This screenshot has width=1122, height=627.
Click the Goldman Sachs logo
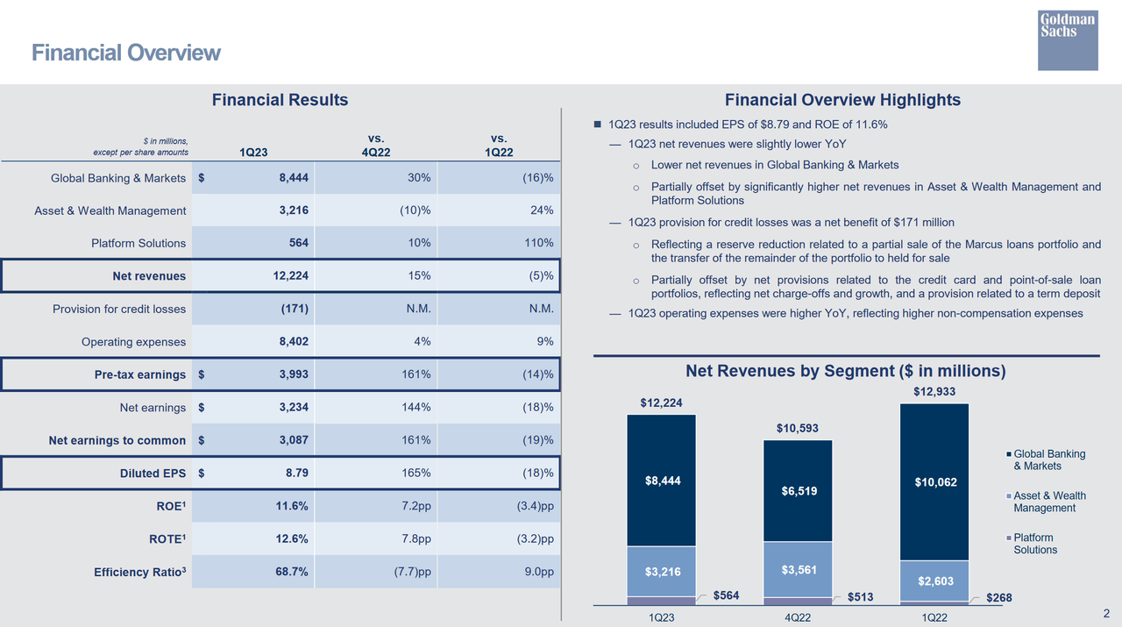pyautogui.click(x=1067, y=40)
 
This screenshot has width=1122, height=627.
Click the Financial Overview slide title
pyautogui.click(x=126, y=53)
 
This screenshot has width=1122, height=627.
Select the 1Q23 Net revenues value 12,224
pyautogui.click(x=290, y=276)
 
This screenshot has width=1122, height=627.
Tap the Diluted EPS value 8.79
pyautogui.click(x=295, y=474)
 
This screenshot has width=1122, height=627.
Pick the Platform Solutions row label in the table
pyautogui.click(x=138, y=243)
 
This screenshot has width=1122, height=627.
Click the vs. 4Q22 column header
pyautogui.click(x=377, y=145)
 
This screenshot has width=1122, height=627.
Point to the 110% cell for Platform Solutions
pyautogui.click(x=536, y=243)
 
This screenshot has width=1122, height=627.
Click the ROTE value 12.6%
pyautogui.click(x=290, y=539)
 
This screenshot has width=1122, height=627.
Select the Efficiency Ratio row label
pyautogui.click(x=139, y=573)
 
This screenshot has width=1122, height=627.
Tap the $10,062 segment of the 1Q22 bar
pyautogui.click(x=934, y=482)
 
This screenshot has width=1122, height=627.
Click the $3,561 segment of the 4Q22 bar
pyautogui.click(x=799, y=570)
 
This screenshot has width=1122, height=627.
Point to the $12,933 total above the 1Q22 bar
pyautogui.click(x=934, y=391)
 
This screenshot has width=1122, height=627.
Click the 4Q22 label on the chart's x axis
pyautogui.click(x=798, y=617)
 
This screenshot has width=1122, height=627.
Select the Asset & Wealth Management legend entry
pyautogui.click(x=1048, y=502)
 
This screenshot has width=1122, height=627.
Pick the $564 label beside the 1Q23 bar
pyautogui.click(x=726, y=596)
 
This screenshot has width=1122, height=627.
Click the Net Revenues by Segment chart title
pyautogui.click(x=845, y=371)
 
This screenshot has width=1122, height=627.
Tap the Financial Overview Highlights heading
pyautogui.click(x=842, y=100)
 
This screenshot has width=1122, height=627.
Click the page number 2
pyautogui.click(x=1105, y=613)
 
